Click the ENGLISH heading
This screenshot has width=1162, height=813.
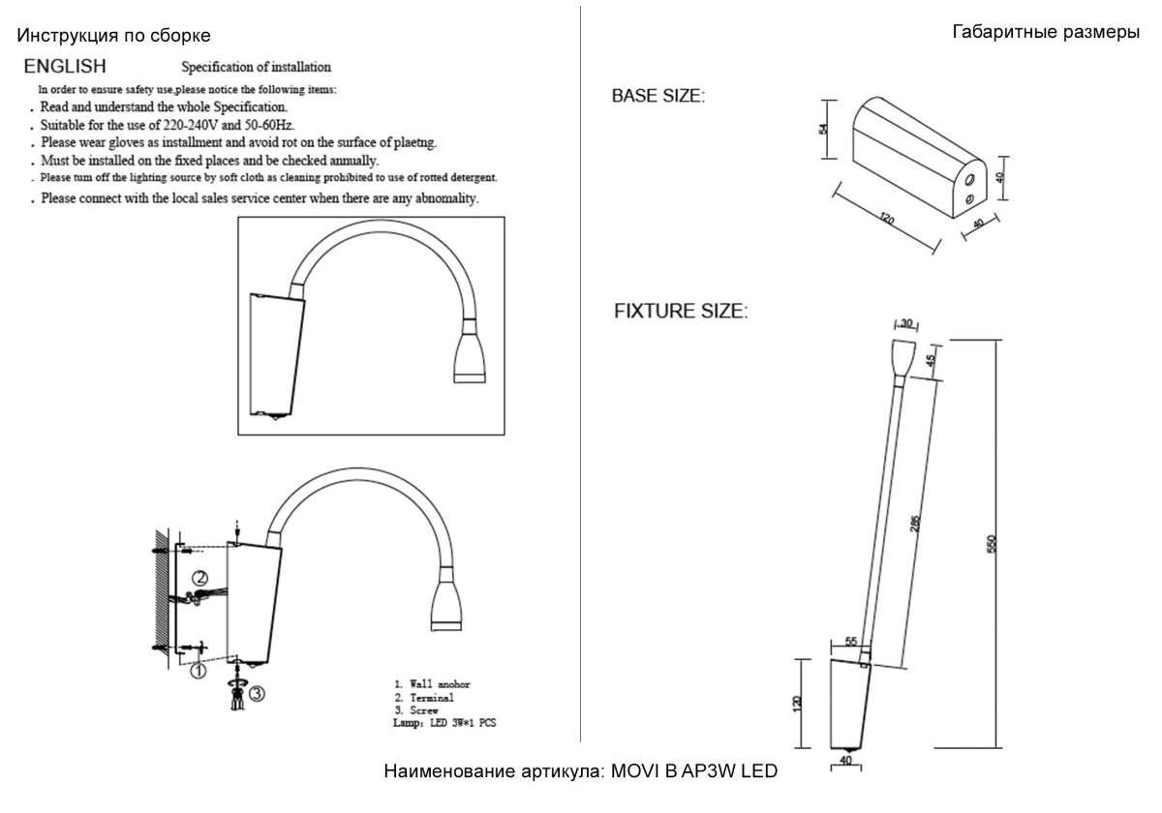66,67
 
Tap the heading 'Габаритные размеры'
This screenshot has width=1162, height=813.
1046,32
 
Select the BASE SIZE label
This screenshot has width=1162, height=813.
658,97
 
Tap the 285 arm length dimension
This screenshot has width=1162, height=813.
914,523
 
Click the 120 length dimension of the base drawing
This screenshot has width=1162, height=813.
885,218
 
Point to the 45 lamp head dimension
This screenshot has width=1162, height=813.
930,361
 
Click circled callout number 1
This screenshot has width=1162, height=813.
198,670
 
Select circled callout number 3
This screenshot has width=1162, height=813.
256,693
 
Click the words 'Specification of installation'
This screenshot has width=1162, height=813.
257,68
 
